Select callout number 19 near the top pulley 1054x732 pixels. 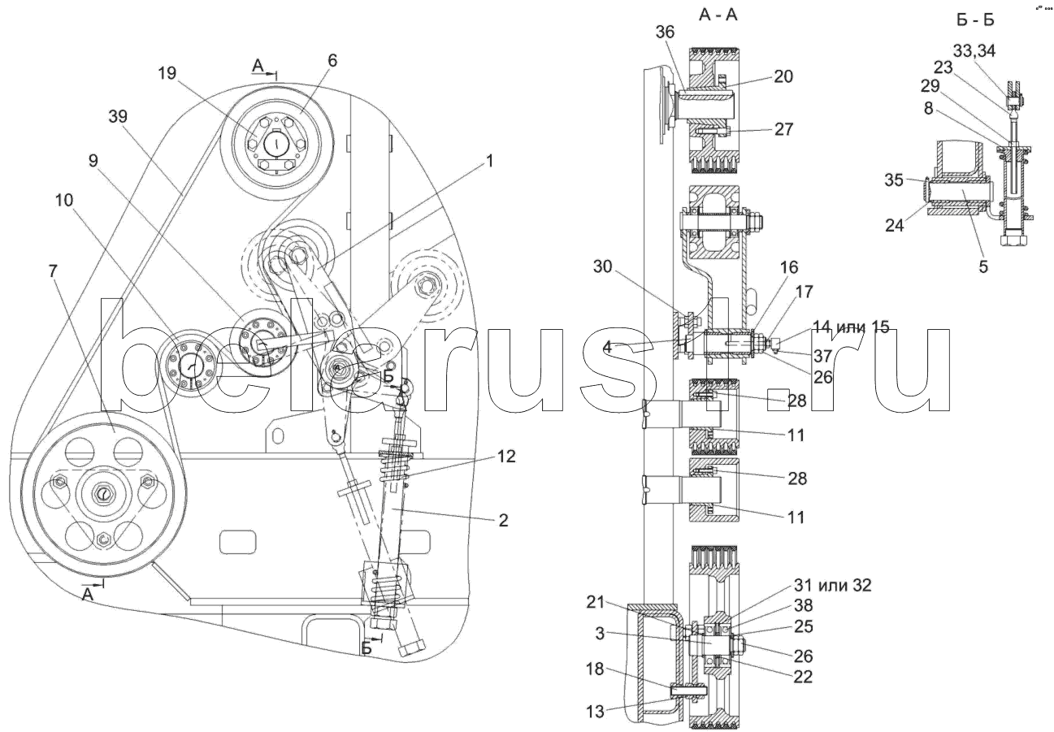tap(167, 74)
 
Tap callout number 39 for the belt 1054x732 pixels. tap(117, 118)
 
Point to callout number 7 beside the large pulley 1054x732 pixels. tap(53, 271)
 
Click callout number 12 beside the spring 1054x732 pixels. tap(507, 457)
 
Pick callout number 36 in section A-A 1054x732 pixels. tap(665, 32)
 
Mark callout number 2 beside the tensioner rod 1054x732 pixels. tap(504, 521)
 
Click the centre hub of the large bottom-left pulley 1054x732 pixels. tap(103, 493)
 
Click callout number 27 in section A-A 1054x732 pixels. tap(783, 129)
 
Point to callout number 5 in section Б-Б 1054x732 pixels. tap(982, 266)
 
